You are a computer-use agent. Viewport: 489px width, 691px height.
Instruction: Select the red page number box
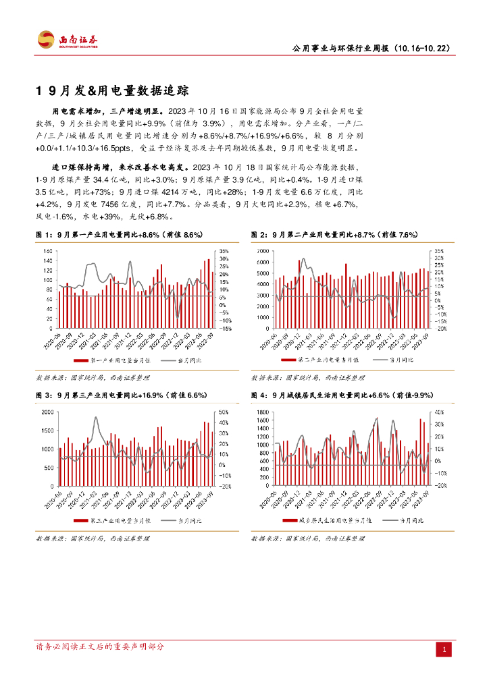click(444, 650)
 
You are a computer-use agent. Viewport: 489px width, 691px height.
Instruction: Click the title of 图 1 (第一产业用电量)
click(120, 234)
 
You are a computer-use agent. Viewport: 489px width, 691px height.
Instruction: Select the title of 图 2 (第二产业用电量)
click(334, 234)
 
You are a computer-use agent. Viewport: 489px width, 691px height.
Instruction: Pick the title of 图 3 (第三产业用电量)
click(121, 395)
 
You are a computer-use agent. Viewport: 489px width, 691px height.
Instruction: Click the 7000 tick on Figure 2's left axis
click(263, 250)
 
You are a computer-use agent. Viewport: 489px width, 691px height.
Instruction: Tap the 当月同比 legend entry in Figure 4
click(403, 521)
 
